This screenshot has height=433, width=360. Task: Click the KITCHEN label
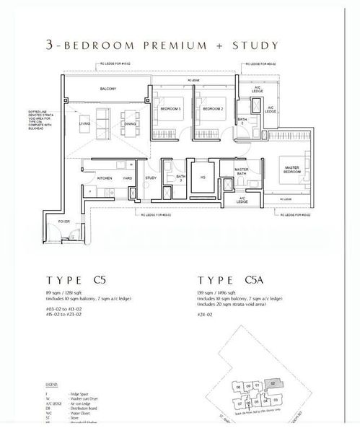105,178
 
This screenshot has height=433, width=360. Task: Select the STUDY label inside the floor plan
151,178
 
